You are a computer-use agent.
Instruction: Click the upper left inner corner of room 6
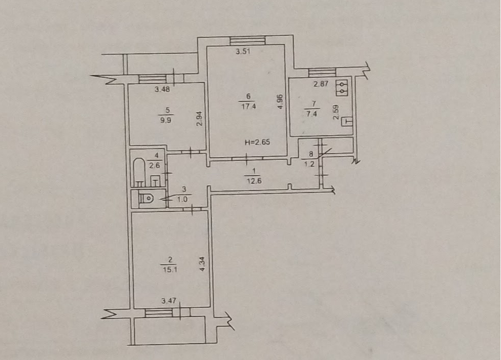click(207, 47)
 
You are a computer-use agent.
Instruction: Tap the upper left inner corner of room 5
click(129, 83)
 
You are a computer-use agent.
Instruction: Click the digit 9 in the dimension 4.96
click(280, 101)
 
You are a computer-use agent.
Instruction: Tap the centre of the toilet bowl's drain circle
click(149, 199)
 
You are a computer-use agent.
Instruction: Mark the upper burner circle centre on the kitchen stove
click(342, 84)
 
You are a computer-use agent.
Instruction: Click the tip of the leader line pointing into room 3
click(160, 200)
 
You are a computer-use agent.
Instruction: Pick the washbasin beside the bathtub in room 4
click(155, 181)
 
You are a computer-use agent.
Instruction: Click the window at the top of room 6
click(247, 41)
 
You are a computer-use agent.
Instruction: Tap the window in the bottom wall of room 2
click(159, 312)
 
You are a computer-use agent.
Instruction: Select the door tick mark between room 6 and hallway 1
click(247, 158)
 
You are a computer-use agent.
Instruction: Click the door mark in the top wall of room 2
click(192, 209)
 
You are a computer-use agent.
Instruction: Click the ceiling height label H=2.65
click(257, 142)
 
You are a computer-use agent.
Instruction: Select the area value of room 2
click(170, 269)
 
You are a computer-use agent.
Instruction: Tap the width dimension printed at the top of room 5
click(162, 90)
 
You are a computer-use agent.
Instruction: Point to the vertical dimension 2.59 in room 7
click(336, 112)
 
